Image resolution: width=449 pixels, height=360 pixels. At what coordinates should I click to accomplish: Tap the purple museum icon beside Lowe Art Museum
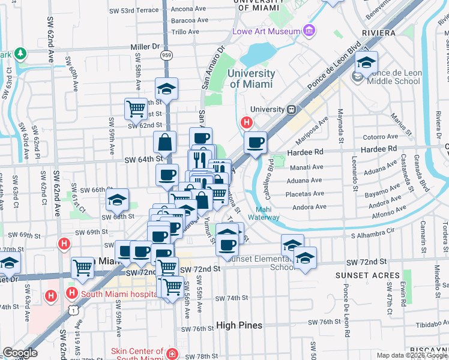click(x=309, y=30)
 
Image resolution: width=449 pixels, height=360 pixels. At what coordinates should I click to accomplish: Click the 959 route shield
click(x=164, y=55)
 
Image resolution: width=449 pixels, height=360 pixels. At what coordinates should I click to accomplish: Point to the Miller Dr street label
click(x=146, y=46)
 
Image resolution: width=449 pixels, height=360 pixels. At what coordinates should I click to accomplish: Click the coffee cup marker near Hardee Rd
click(x=256, y=143)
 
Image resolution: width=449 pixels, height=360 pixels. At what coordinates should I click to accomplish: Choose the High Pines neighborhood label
click(x=240, y=325)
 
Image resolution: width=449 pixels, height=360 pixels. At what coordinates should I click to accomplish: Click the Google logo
click(x=20, y=353)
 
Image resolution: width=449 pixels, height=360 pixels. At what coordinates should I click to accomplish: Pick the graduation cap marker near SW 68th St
click(x=118, y=200)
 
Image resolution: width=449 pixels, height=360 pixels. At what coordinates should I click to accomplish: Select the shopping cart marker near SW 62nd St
click(x=136, y=109)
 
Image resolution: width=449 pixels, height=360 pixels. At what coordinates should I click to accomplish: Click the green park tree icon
click(x=21, y=54)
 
